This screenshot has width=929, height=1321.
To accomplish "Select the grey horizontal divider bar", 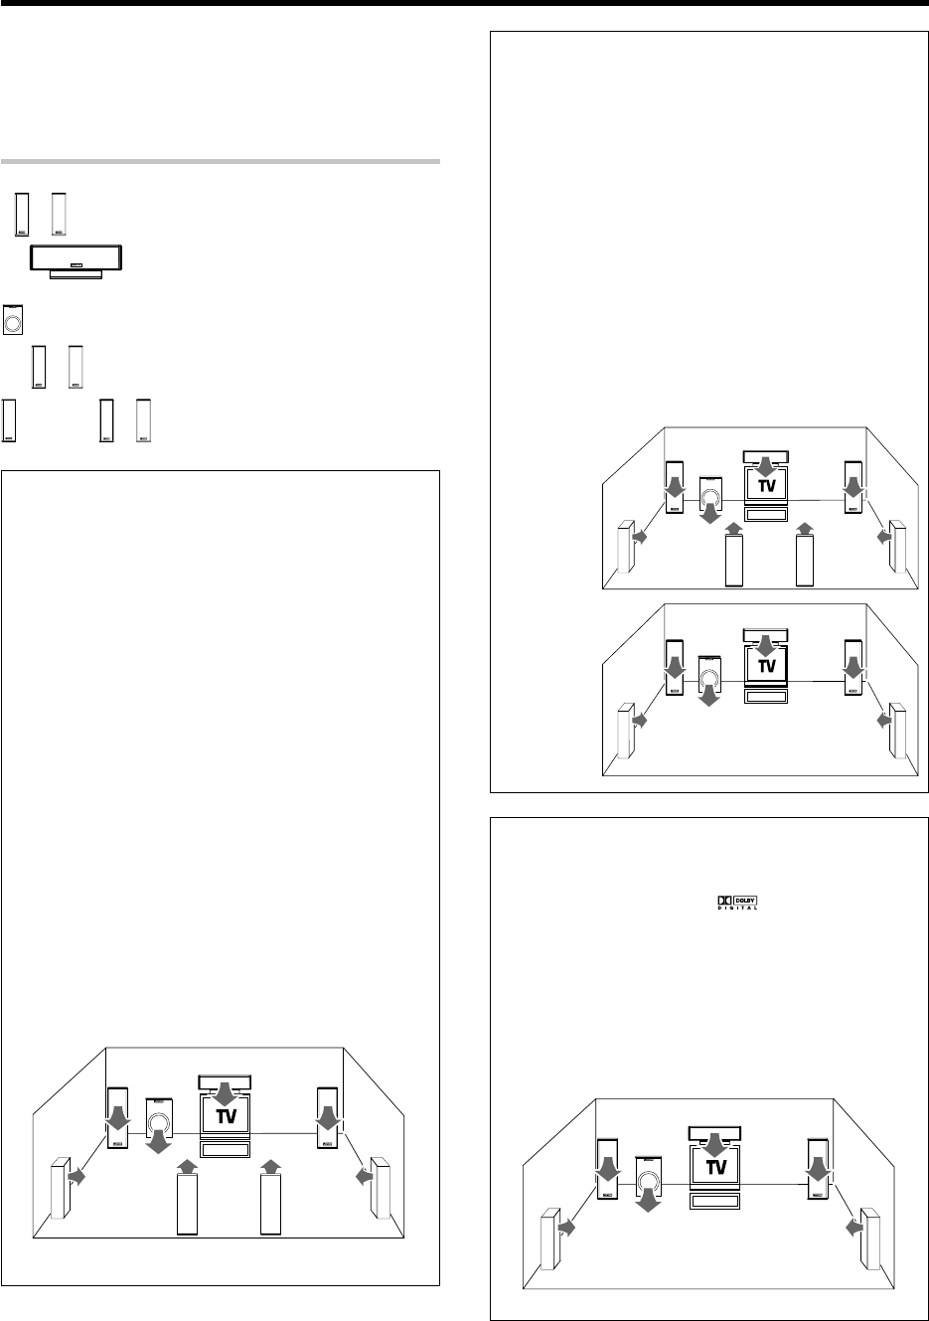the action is pos(220,161).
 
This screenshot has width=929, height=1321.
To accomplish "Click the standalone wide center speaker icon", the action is pos(77,257).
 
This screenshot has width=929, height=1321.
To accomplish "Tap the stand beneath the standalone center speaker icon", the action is pos(77,274).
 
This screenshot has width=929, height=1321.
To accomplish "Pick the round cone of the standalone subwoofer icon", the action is pos(13,324).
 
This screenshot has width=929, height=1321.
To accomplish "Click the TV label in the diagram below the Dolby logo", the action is pos(716,1167).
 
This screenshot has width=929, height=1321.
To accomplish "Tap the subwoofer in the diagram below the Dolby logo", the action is pos(649,1177).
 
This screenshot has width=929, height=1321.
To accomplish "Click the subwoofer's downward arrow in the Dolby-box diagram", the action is pos(649,1200).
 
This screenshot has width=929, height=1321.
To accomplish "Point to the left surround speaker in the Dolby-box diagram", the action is pos(550,1238).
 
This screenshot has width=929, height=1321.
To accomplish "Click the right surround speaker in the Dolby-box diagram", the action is pos(870,1238).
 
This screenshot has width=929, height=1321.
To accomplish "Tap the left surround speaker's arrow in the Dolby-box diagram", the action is pos(566,1228).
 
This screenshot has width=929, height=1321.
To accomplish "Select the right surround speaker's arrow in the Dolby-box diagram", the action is pos(854,1228).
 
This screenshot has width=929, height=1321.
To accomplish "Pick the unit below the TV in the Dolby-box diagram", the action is pos(714,1201).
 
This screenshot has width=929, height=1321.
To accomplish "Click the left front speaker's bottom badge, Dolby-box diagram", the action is pos(607,1196).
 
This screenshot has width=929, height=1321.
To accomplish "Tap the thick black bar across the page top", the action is pos(465,3).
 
